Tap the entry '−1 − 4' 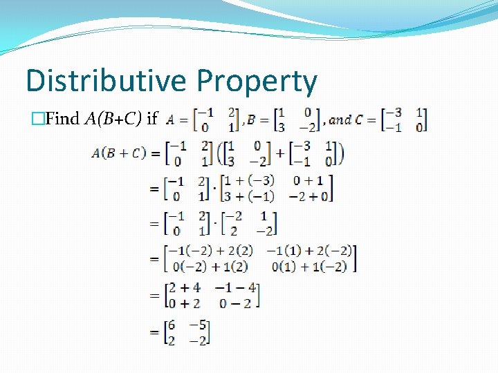[235, 287]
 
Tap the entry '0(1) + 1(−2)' [310, 265]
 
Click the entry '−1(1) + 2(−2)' [310, 251]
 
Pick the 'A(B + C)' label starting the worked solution [118, 153]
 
